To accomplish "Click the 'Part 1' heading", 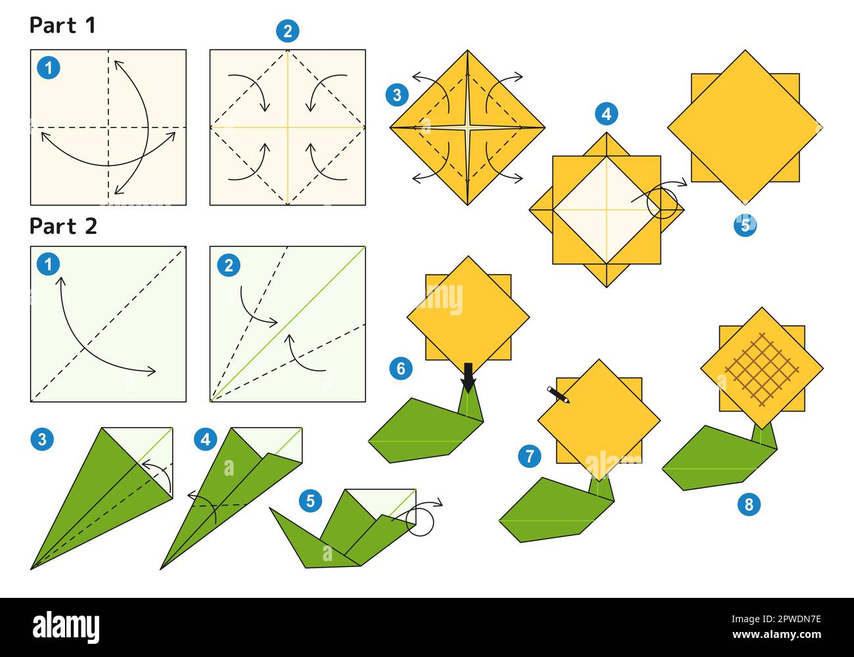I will (62, 26).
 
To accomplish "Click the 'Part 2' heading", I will (63, 226).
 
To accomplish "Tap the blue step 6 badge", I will (400, 368).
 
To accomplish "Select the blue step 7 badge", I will (529, 455).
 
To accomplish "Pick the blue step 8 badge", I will (749, 504).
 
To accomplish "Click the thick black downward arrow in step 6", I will (468, 377).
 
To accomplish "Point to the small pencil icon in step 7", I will (558, 394).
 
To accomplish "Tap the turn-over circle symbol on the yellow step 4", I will (662, 204).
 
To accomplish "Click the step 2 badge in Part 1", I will (287, 30).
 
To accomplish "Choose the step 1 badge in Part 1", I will (48, 68).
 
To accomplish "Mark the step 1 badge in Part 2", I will (48, 265).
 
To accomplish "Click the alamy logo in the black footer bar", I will (66, 627).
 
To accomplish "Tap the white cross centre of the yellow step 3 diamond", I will (467, 126).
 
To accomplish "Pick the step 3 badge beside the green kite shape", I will (43, 438).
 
